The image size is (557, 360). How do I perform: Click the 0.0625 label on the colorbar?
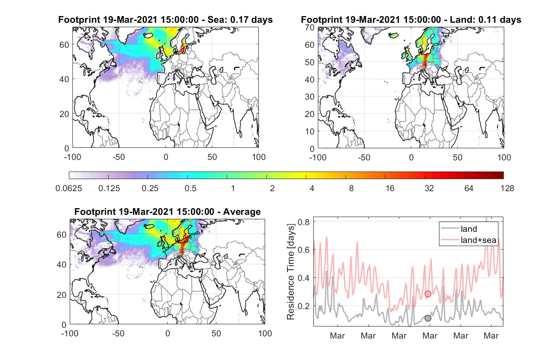pyautogui.click(x=69, y=188)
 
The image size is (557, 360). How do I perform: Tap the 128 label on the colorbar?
pyautogui.click(x=507, y=188)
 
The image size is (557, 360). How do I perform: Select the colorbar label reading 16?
pyautogui.click(x=390, y=188)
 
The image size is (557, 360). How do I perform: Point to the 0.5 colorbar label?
pyautogui.click(x=190, y=188)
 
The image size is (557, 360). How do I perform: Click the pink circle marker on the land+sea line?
pyautogui.click(x=428, y=294)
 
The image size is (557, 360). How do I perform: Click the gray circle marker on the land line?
pyautogui.click(x=428, y=318)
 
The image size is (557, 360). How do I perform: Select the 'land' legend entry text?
pyautogui.click(x=469, y=229)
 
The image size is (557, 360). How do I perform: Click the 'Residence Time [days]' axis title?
pyautogui.click(x=291, y=272)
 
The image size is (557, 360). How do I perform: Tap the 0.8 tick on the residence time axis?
pyautogui.click(x=304, y=222)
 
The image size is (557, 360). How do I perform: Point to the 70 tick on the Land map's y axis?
pyautogui.click(x=310, y=28)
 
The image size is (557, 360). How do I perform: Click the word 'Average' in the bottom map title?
pyautogui.click(x=242, y=212)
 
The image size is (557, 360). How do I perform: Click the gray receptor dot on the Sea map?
pyautogui.click(x=176, y=71)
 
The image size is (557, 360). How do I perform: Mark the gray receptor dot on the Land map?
pyautogui.click(x=422, y=71)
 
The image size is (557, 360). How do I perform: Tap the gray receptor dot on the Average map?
pyautogui.click(x=178, y=257)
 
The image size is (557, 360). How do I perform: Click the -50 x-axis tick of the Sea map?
pyautogui.click(x=118, y=157)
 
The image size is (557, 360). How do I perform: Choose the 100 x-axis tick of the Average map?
pyautogui.click(x=265, y=333)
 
